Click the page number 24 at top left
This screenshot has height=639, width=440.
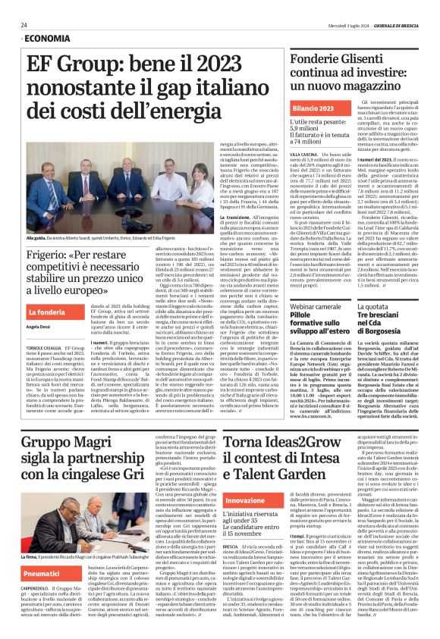coord(24,24)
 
